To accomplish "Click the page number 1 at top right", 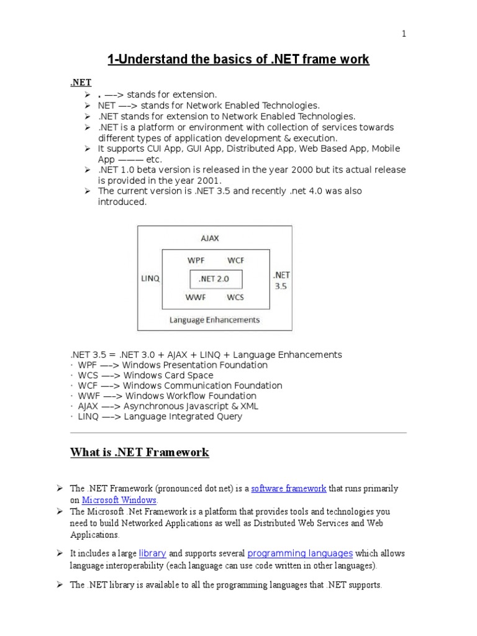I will coord(404,34).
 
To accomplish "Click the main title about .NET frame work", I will coord(238,60).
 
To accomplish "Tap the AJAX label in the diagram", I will coord(210,238).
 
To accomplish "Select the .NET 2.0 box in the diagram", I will coord(215,279).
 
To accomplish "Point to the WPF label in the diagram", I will coord(196,260).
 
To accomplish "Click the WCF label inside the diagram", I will coord(235,260).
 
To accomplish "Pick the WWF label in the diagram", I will coord(196,297).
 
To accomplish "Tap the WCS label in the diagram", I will coord(235,297).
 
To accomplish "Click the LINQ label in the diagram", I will coord(150,279).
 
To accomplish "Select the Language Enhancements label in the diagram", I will coord(215,320).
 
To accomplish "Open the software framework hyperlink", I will coord(289,489).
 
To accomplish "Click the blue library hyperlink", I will coord(152,553).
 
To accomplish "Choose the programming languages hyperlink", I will coord(300,553).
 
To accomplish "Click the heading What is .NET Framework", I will coord(140,453).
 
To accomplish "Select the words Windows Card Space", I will coord(168,375).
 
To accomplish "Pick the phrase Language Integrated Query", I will coord(183,416).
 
